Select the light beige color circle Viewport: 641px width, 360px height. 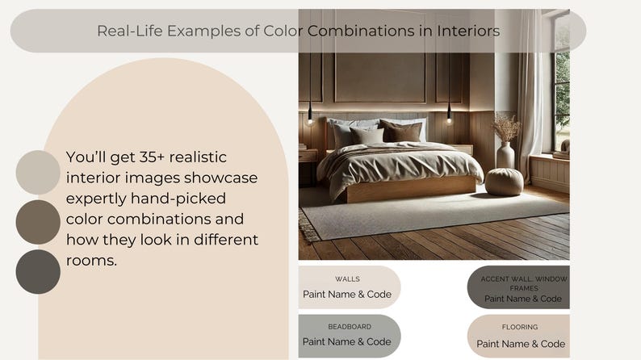click(38, 172)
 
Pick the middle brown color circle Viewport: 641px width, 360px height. click(38, 222)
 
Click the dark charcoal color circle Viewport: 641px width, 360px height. click(38, 271)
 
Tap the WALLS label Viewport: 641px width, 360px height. click(347, 278)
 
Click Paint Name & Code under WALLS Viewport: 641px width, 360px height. click(347, 294)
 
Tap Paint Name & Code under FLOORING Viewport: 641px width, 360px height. click(521, 344)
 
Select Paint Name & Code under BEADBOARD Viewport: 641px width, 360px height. click(347, 341)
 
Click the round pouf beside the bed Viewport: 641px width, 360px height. click(504, 182)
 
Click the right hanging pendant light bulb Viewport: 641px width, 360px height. click(449, 118)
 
